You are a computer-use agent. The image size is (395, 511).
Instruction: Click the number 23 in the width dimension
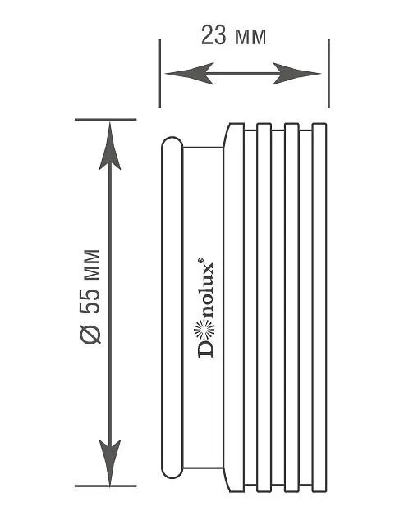[x=214, y=35]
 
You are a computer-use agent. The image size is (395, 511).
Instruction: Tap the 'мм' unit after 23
[x=250, y=38]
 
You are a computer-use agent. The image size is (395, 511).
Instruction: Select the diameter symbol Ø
[x=90, y=334]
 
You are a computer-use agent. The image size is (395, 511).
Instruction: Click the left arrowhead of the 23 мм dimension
[x=189, y=74]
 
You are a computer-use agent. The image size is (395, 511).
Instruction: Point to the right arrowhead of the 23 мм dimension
[x=296, y=74]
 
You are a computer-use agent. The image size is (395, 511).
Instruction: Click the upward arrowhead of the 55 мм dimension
[x=110, y=146]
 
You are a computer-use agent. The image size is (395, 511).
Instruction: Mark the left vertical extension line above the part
[x=160, y=74]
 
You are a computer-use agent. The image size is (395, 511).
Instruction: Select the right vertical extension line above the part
[x=328, y=74]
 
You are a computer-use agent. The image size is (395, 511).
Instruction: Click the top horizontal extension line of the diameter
[x=106, y=120]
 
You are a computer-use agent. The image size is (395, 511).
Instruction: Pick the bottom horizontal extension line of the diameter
[x=106, y=486]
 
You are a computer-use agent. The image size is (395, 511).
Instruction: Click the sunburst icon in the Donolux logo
[x=204, y=329]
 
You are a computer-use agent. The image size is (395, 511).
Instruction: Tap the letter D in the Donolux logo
[x=205, y=349]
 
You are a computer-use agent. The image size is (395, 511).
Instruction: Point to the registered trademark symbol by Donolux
[x=200, y=260]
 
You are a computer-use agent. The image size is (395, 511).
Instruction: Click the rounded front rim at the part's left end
[x=172, y=308]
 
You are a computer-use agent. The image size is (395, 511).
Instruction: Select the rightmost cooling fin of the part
[x=319, y=308]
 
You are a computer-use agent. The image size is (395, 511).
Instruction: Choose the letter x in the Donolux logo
[x=208, y=270]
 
